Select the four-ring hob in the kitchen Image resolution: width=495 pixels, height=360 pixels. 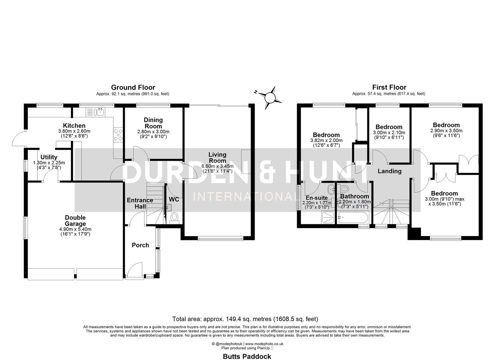[118, 135]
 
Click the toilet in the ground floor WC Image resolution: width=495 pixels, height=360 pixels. [174, 218]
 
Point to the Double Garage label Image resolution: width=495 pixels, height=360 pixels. [75, 221]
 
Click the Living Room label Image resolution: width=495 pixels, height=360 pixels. [217, 157]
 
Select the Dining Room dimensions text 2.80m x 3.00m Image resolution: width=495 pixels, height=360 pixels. [153, 132]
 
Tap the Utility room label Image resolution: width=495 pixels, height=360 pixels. [49, 157]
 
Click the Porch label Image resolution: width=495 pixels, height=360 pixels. [140, 245]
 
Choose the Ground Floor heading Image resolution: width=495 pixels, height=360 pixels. [133, 87]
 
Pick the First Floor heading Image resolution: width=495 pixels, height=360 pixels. [389, 87]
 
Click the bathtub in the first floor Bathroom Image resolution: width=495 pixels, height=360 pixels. [352, 218]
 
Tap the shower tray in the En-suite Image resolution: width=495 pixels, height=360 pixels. [328, 218]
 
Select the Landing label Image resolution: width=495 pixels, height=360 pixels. [389, 171]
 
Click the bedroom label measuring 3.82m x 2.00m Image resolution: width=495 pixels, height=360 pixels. [326, 135]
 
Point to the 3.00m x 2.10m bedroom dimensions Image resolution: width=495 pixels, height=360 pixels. [389, 132]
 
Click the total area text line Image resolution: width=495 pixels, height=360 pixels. [245, 319]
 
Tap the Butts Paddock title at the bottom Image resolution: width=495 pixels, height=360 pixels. [247, 356]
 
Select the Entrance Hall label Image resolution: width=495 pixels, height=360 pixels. [140, 203]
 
